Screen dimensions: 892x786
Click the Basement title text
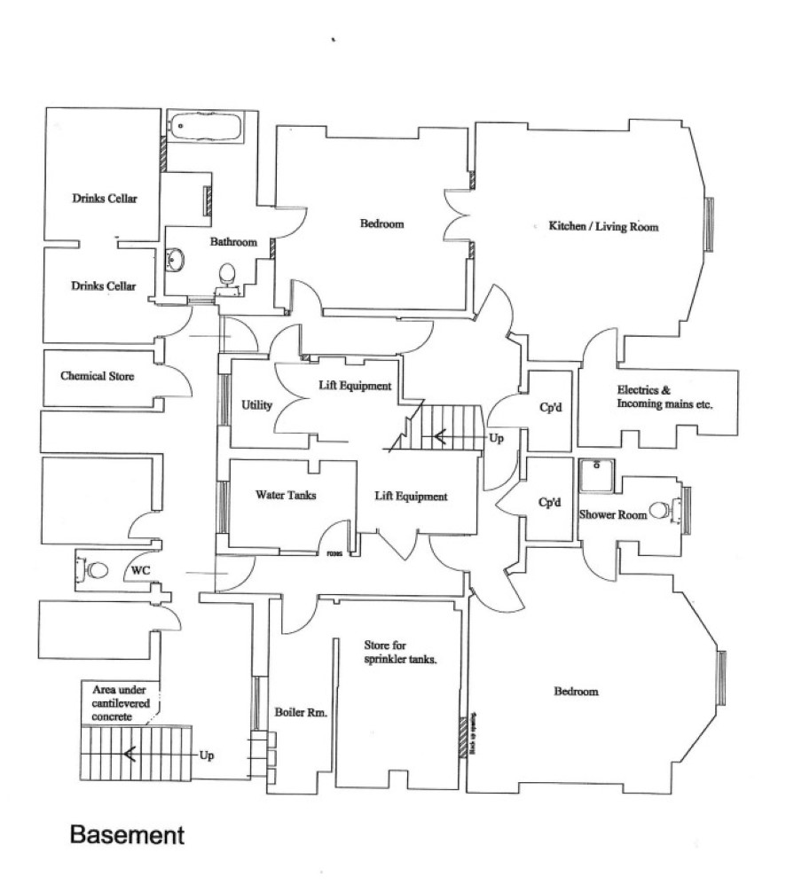[127, 835]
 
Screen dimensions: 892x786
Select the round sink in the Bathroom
[175, 259]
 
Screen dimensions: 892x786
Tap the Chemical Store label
[98, 376]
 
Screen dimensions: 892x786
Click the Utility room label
[256, 405]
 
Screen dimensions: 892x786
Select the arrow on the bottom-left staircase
[131, 755]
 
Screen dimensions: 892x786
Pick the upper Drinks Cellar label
[105, 199]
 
